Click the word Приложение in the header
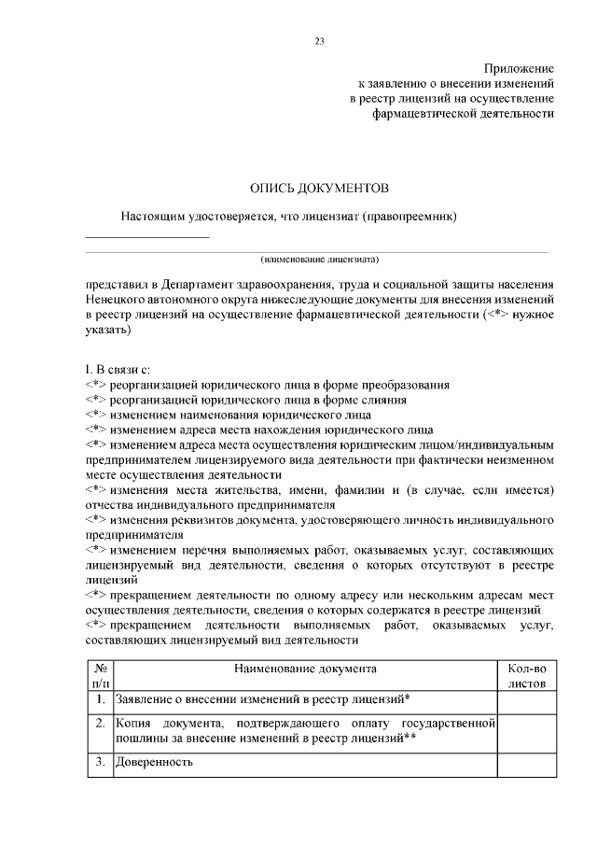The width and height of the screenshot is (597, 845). point(519,69)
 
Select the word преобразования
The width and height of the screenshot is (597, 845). point(404,385)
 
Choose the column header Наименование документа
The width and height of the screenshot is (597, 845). point(305,669)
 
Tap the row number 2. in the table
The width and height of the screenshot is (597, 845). point(99,723)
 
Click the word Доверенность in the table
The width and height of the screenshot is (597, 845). point(154,762)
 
